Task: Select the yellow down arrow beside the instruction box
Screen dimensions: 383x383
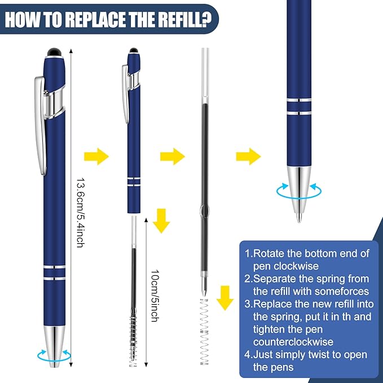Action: click(226, 297)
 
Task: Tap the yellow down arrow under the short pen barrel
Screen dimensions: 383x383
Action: click(162, 220)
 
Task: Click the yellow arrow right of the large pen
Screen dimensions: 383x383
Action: click(96, 157)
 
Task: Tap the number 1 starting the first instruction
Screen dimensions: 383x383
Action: click(248, 253)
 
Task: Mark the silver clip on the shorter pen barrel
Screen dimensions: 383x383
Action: click(125, 93)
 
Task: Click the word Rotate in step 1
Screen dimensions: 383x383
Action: click(271, 253)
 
